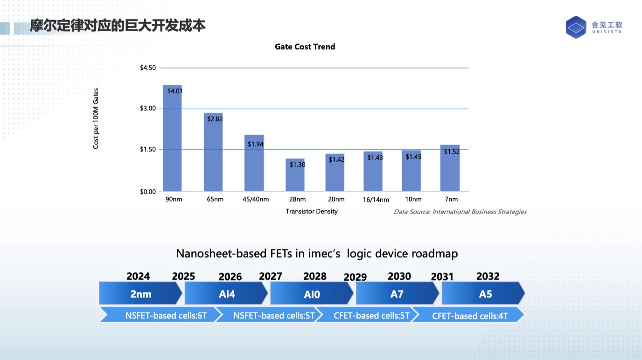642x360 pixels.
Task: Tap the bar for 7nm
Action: tap(450, 168)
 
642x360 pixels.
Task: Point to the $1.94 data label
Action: tap(256, 144)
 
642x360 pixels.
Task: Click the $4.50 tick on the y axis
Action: tap(148, 68)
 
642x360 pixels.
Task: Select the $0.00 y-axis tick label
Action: tap(148, 192)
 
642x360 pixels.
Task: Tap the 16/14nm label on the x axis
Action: tap(376, 200)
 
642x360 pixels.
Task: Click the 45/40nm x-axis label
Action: tap(256, 200)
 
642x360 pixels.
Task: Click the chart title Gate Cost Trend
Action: tap(305, 47)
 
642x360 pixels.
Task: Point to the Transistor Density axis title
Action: tap(312, 211)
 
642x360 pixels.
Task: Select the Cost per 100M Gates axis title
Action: tap(96, 118)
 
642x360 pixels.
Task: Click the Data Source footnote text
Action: tap(460, 212)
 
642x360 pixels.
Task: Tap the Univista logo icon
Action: tap(575, 27)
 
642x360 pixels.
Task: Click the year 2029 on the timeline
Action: tap(355, 277)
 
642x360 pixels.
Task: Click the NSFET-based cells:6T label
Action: tap(159, 315)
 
